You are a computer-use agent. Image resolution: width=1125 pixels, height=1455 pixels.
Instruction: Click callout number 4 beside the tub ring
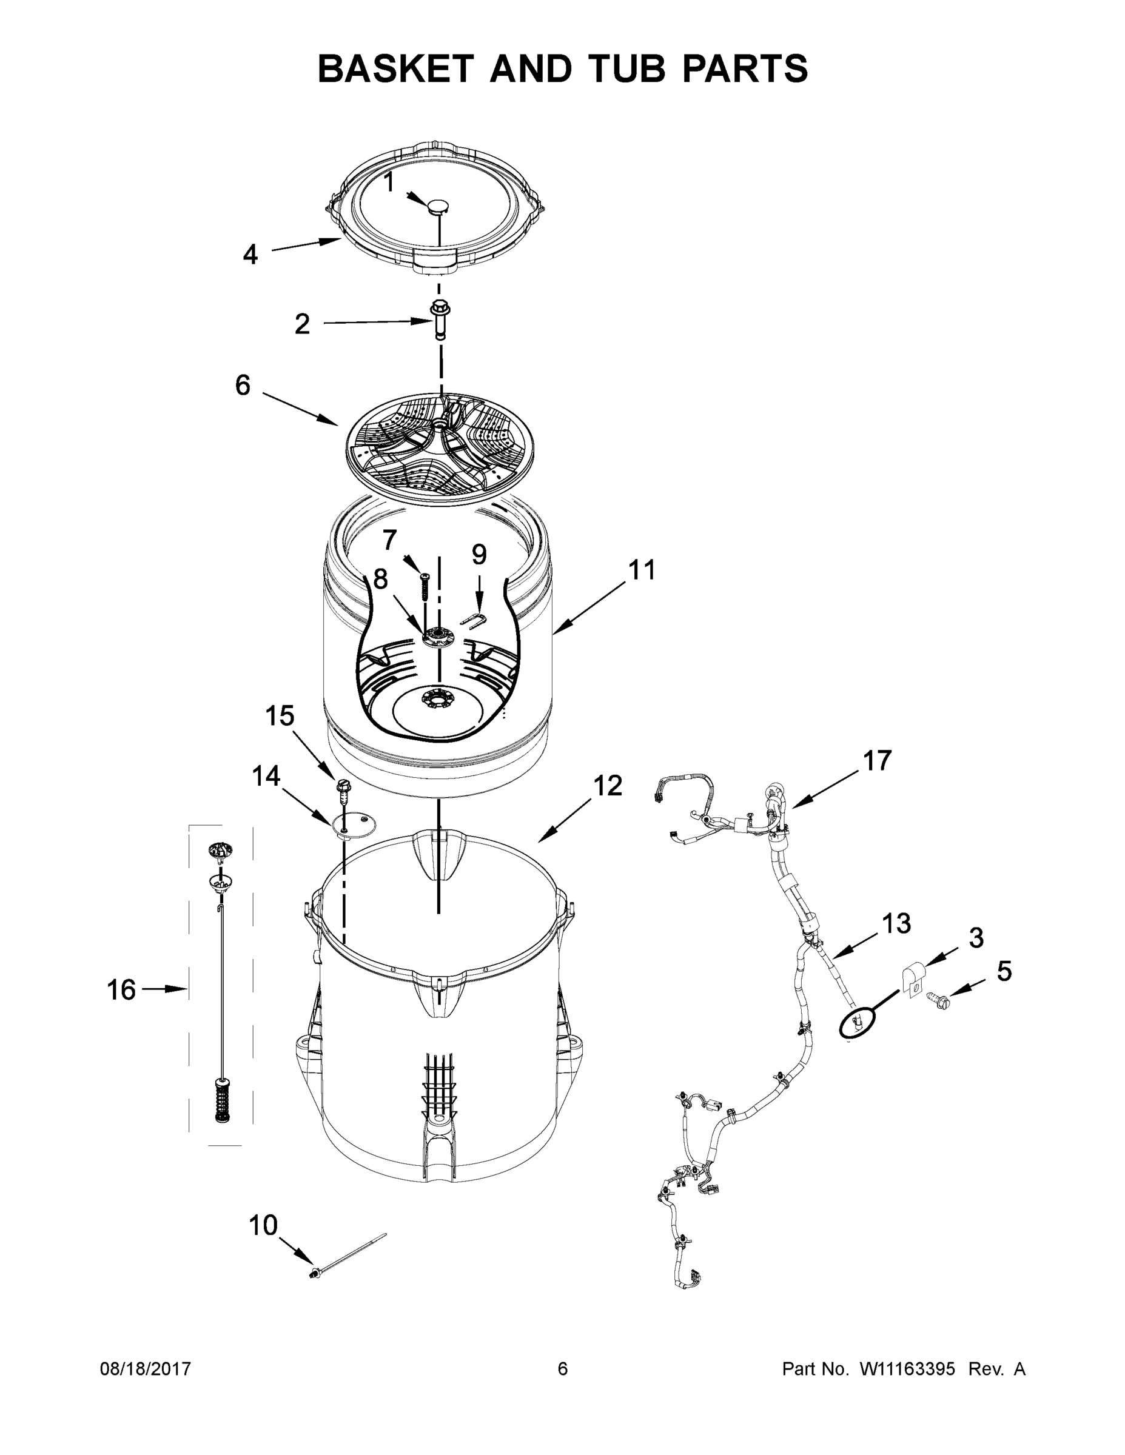[250, 254]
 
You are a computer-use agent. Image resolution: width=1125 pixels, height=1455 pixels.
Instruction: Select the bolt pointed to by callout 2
[440, 319]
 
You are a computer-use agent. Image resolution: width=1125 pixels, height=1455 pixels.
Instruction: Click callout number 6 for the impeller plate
[243, 384]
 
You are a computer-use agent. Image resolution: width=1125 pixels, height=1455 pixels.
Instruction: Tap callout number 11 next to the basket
[642, 570]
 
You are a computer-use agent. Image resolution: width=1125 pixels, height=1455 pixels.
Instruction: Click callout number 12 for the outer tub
[608, 786]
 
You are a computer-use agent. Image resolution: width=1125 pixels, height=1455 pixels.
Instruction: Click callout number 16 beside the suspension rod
[121, 990]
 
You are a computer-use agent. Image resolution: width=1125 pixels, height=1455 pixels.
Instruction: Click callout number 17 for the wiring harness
[877, 760]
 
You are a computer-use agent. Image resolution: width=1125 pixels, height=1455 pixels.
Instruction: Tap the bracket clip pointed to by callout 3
[911, 979]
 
